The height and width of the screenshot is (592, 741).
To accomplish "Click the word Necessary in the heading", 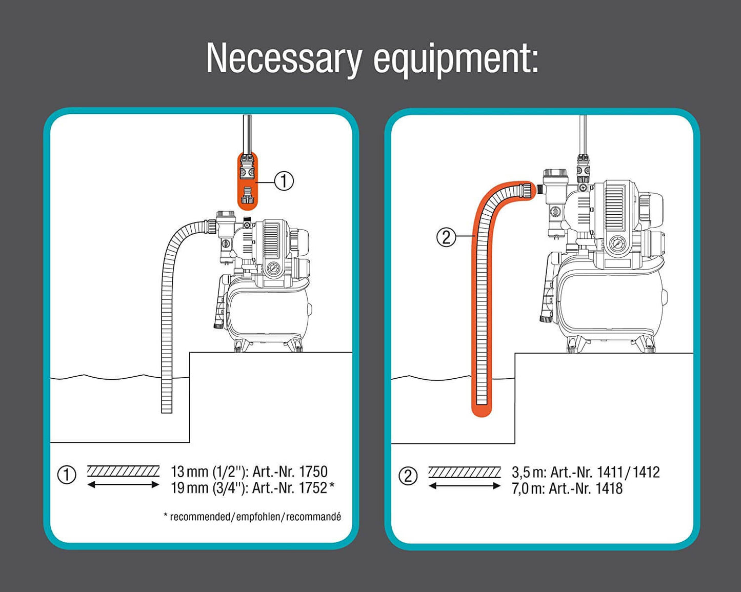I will (x=284, y=59).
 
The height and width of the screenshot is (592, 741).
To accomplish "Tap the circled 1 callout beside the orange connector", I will (x=284, y=181).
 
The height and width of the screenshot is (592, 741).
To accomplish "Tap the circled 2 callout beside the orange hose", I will (x=446, y=237).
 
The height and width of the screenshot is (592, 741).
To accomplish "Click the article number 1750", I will (x=313, y=472).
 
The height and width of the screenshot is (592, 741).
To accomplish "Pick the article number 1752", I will (x=313, y=488).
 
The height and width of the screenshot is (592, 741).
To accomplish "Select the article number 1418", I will (x=609, y=488).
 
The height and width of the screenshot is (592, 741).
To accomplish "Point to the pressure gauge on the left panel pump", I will (x=273, y=269).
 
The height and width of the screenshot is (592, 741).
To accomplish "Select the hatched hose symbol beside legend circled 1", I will (x=123, y=471).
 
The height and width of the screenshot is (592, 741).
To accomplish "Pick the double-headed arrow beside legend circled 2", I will (x=465, y=486).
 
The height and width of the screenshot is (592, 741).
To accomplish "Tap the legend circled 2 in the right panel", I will (x=408, y=476).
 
